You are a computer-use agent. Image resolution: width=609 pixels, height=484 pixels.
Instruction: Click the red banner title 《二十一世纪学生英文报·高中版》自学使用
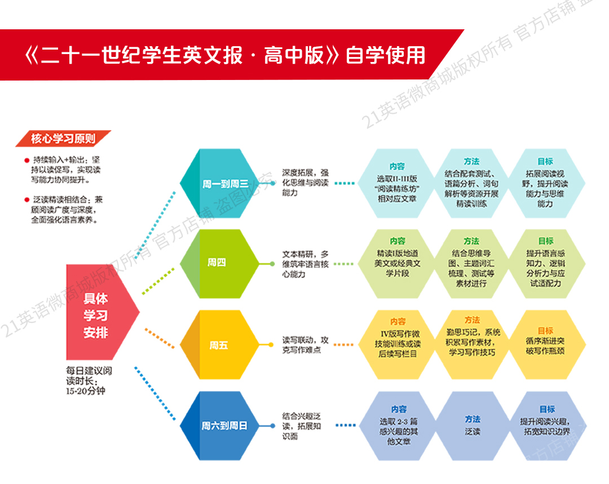click(225, 56)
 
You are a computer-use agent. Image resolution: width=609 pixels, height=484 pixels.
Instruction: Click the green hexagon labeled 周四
click(217, 263)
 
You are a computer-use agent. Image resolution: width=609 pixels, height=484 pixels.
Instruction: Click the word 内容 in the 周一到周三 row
click(397, 166)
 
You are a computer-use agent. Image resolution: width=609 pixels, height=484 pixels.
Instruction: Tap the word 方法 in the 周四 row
click(471, 241)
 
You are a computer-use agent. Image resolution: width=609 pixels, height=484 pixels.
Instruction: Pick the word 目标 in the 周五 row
click(545, 330)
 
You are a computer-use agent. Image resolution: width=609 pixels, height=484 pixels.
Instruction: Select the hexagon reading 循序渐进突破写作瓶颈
click(545, 344)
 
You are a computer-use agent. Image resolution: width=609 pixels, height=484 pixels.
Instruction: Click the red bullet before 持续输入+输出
click(27, 159)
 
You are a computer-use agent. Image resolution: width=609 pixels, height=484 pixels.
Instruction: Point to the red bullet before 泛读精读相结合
click(27, 199)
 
